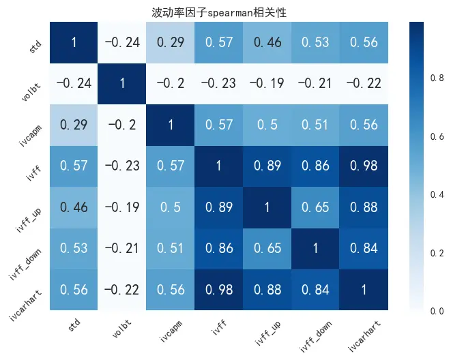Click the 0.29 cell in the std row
(171, 42)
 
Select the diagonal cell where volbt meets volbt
(121, 83)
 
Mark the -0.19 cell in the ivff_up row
(121, 207)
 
